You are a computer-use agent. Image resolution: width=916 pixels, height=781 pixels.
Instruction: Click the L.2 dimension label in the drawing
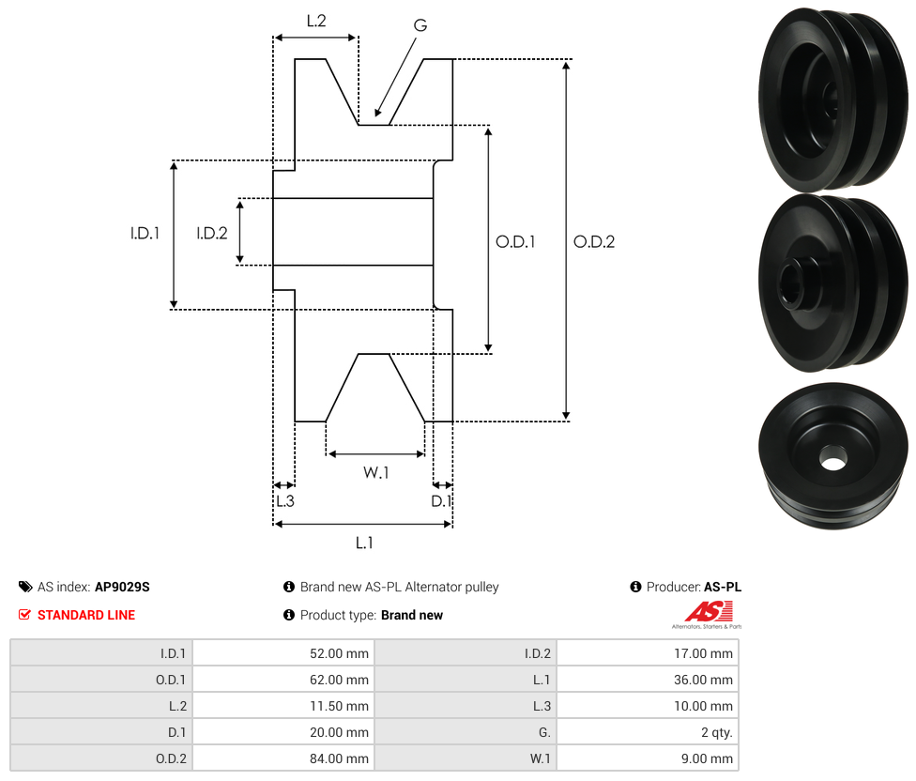point(316,20)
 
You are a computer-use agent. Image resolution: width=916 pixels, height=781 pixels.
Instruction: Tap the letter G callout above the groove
point(420,25)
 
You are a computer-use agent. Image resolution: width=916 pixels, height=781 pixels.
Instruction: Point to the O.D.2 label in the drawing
point(594,241)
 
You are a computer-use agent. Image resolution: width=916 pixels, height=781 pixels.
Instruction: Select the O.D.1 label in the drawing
point(515,241)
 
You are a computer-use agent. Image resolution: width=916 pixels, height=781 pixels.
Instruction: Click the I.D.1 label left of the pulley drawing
point(145,234)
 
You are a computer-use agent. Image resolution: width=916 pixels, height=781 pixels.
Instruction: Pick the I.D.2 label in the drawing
point(211,234)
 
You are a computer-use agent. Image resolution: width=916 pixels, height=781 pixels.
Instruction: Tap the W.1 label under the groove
point(375,472)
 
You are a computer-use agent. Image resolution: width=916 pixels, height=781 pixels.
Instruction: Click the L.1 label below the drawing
point(364,542)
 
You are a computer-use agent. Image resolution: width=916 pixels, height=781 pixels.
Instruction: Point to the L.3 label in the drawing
point(284,501)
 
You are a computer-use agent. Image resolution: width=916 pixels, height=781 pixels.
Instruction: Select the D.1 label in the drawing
point(441,501)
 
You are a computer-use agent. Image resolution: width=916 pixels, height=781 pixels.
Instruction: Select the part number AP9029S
point(122,587)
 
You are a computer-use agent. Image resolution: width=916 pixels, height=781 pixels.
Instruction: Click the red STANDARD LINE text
point(86,615)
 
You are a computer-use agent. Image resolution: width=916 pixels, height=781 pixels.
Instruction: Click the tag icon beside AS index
point(25,587)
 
